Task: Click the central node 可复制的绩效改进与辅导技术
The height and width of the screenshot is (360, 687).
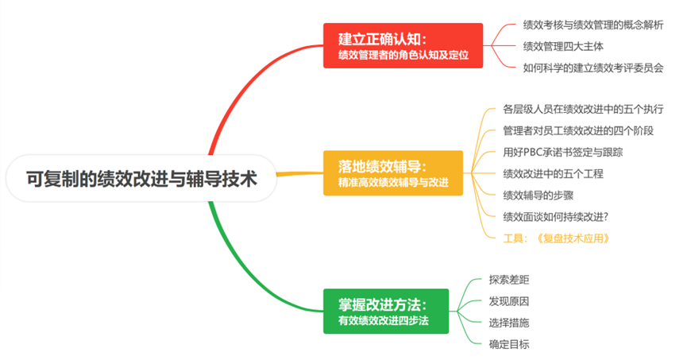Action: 141,178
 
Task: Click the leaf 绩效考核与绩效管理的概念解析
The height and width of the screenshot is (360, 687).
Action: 592,25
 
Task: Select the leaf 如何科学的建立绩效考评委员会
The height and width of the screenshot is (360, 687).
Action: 592,68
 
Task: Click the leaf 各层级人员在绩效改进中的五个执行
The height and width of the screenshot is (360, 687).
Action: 583,109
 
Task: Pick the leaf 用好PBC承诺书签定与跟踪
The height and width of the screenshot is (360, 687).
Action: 562,152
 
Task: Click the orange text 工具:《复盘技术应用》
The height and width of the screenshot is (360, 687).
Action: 561,238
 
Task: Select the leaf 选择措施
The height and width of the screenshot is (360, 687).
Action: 509,323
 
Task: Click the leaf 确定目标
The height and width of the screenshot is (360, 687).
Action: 509,344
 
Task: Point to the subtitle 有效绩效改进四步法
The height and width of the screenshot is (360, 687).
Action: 383,320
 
